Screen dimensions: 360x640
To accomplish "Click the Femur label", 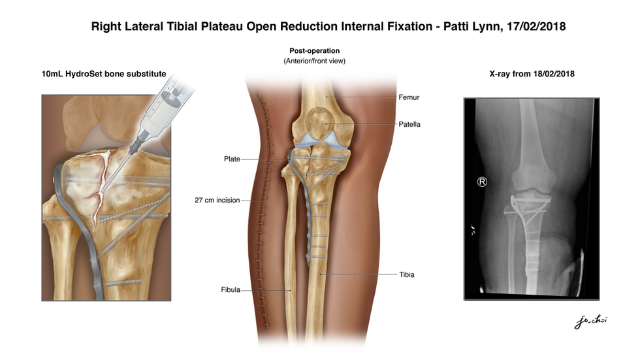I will (x=408, y=97).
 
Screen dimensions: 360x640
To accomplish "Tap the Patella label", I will (x=409, y=124).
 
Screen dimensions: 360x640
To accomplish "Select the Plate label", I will (x=232, y=159).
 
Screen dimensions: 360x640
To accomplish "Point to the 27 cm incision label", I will (x=217, y=200).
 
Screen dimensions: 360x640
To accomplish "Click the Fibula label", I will (x=231, y=289).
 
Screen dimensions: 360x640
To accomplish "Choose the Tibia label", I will (x=407, y=274).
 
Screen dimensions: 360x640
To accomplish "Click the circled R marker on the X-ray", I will (x=482, y=182).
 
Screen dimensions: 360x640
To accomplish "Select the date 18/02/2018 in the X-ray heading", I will (x=552, y=74).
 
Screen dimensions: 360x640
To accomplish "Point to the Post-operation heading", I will (x=315, y=51).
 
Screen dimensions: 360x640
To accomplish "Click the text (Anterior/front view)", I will (x=314, y=61).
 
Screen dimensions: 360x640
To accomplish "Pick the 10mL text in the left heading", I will (x=53, y=74).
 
